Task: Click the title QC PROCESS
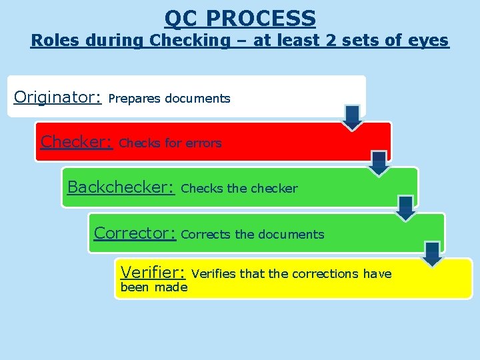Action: (240, 17)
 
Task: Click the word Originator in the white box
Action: (57, 97)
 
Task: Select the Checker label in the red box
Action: (75, 142)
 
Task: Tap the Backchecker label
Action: (121, 187)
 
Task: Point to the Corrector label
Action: (134, 233)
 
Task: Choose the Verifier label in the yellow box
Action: (151, 272)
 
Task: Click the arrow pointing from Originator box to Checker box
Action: (353, 117)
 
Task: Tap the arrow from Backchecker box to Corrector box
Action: (405, 208)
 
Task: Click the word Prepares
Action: (135, 99)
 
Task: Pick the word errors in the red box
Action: (203, 143)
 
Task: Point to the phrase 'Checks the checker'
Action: (239, 189)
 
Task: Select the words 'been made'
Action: (153, 287)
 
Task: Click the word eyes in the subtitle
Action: (431, 41)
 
